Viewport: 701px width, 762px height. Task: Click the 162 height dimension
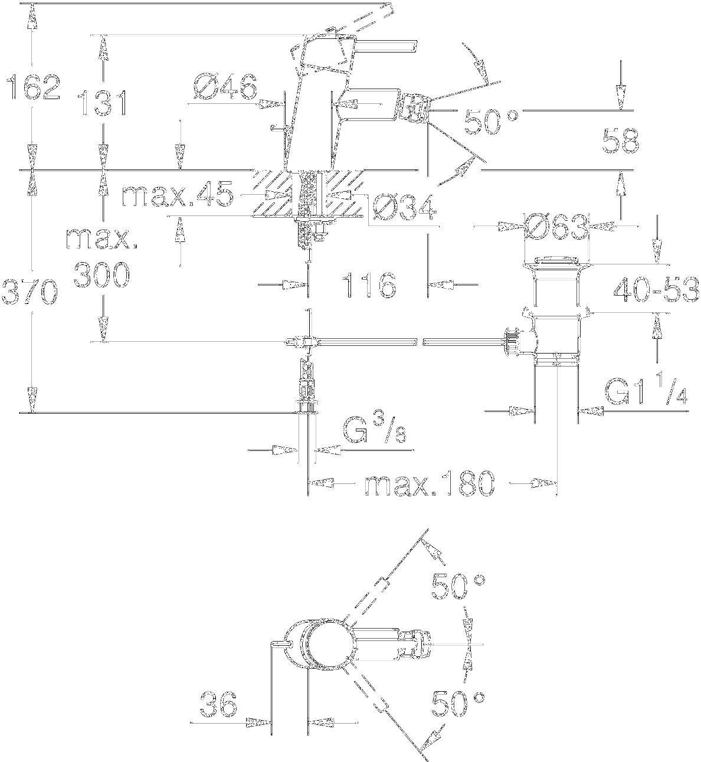click(x=32, y=88)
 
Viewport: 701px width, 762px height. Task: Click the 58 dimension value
click(x=621, y=142)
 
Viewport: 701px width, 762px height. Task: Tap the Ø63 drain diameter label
click(x=556, y=227)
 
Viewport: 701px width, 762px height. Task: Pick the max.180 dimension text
click(x=429, y=485)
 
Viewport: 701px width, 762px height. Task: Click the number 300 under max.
click(x=102, y=275)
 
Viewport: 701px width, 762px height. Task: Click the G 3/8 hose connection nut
click(x=306, y=407)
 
